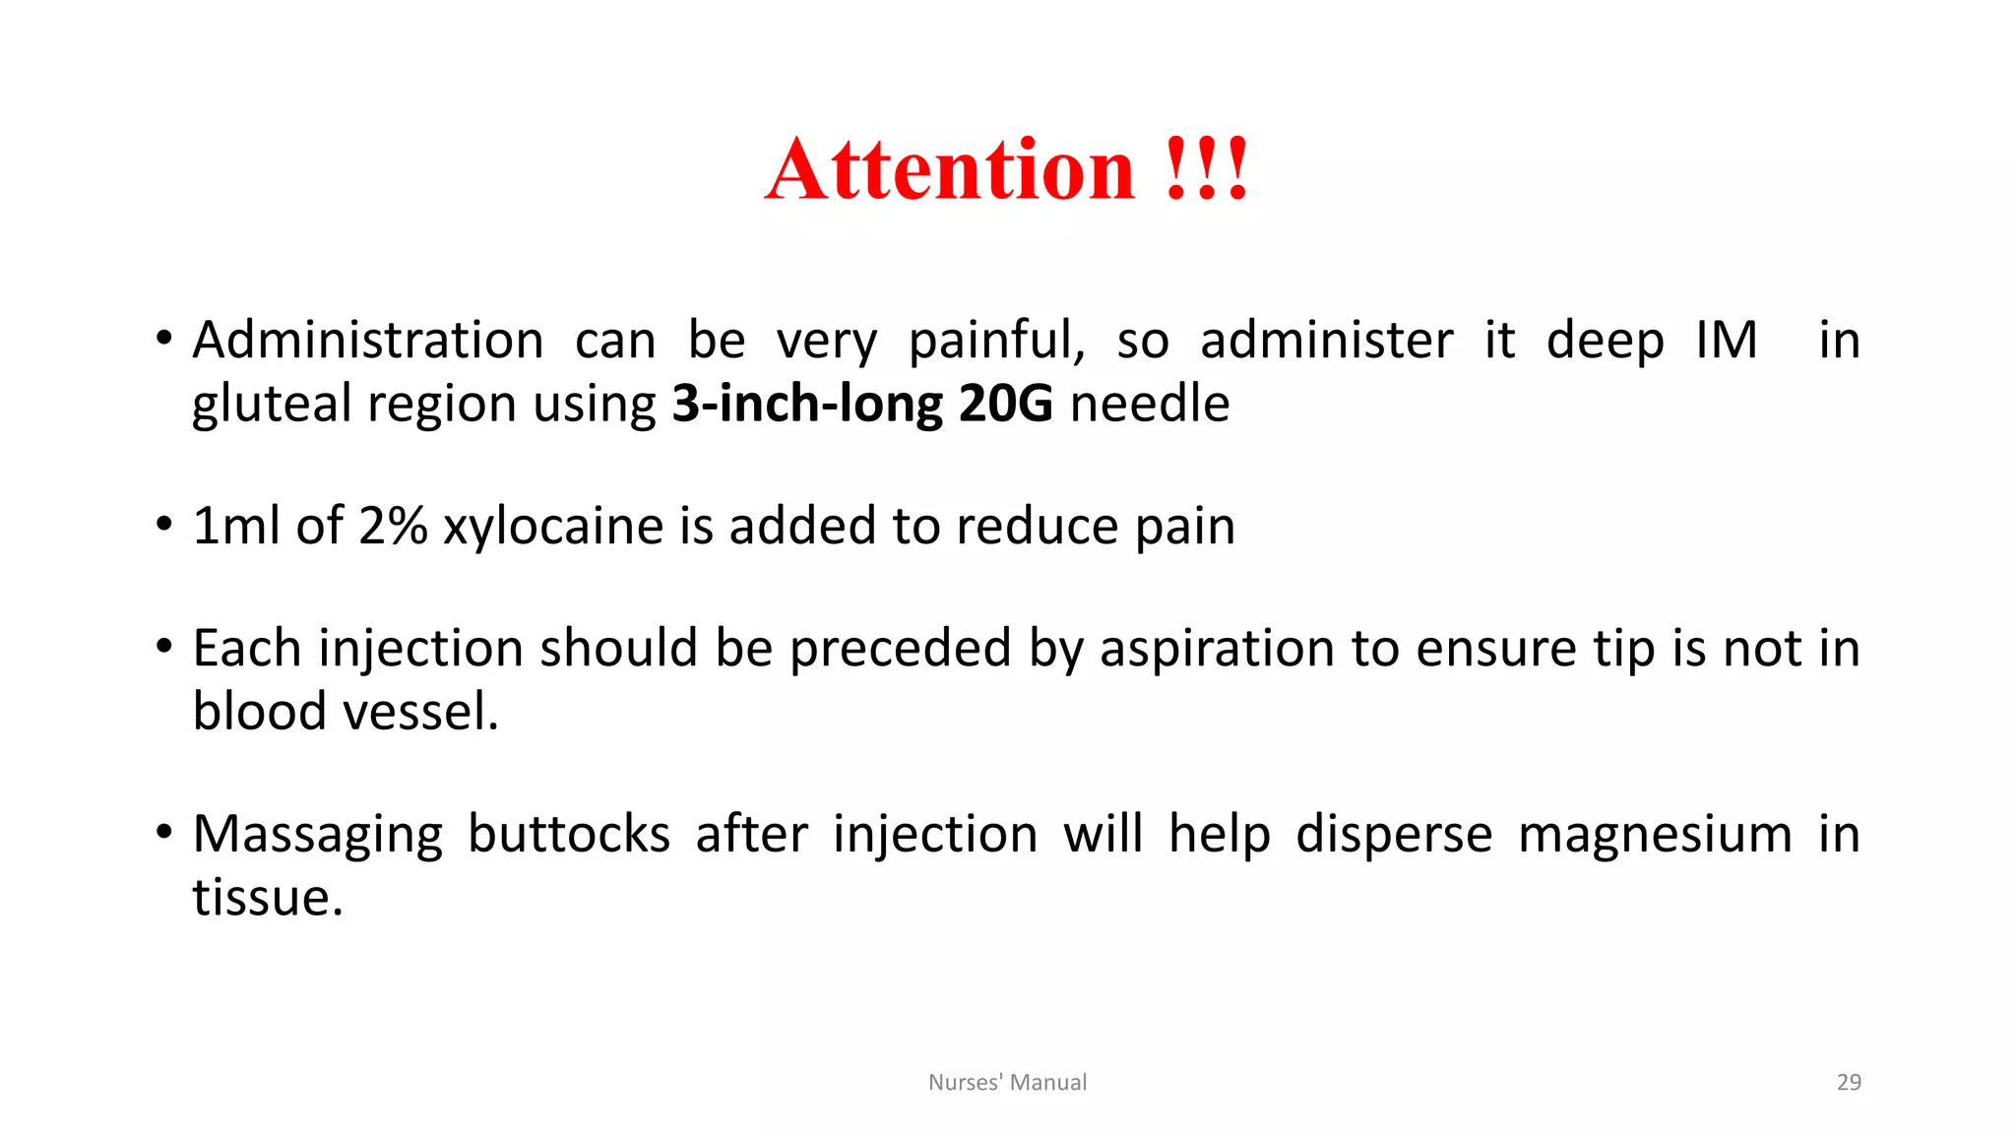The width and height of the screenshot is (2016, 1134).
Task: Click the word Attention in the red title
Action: coord(950,170)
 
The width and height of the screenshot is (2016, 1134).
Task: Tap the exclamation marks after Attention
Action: coord(1207,170)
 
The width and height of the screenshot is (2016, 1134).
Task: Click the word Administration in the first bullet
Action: coord(368,341)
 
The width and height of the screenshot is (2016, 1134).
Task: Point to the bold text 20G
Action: coord(1005,404)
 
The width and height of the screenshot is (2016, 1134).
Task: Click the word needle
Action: coord(1150,404)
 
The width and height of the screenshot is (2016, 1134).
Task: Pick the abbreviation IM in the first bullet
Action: coord(1727,341)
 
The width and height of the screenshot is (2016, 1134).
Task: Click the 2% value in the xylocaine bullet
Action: coord(393,526)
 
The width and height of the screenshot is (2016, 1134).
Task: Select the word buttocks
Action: coord(568,834)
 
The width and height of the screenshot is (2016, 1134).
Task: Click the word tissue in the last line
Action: coord(267,898)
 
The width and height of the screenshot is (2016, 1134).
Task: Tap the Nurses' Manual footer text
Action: coord(1007,1082)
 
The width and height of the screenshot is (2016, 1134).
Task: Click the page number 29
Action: coord(1849,1082)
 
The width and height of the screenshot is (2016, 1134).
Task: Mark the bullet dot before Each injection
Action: coord(164,647)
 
